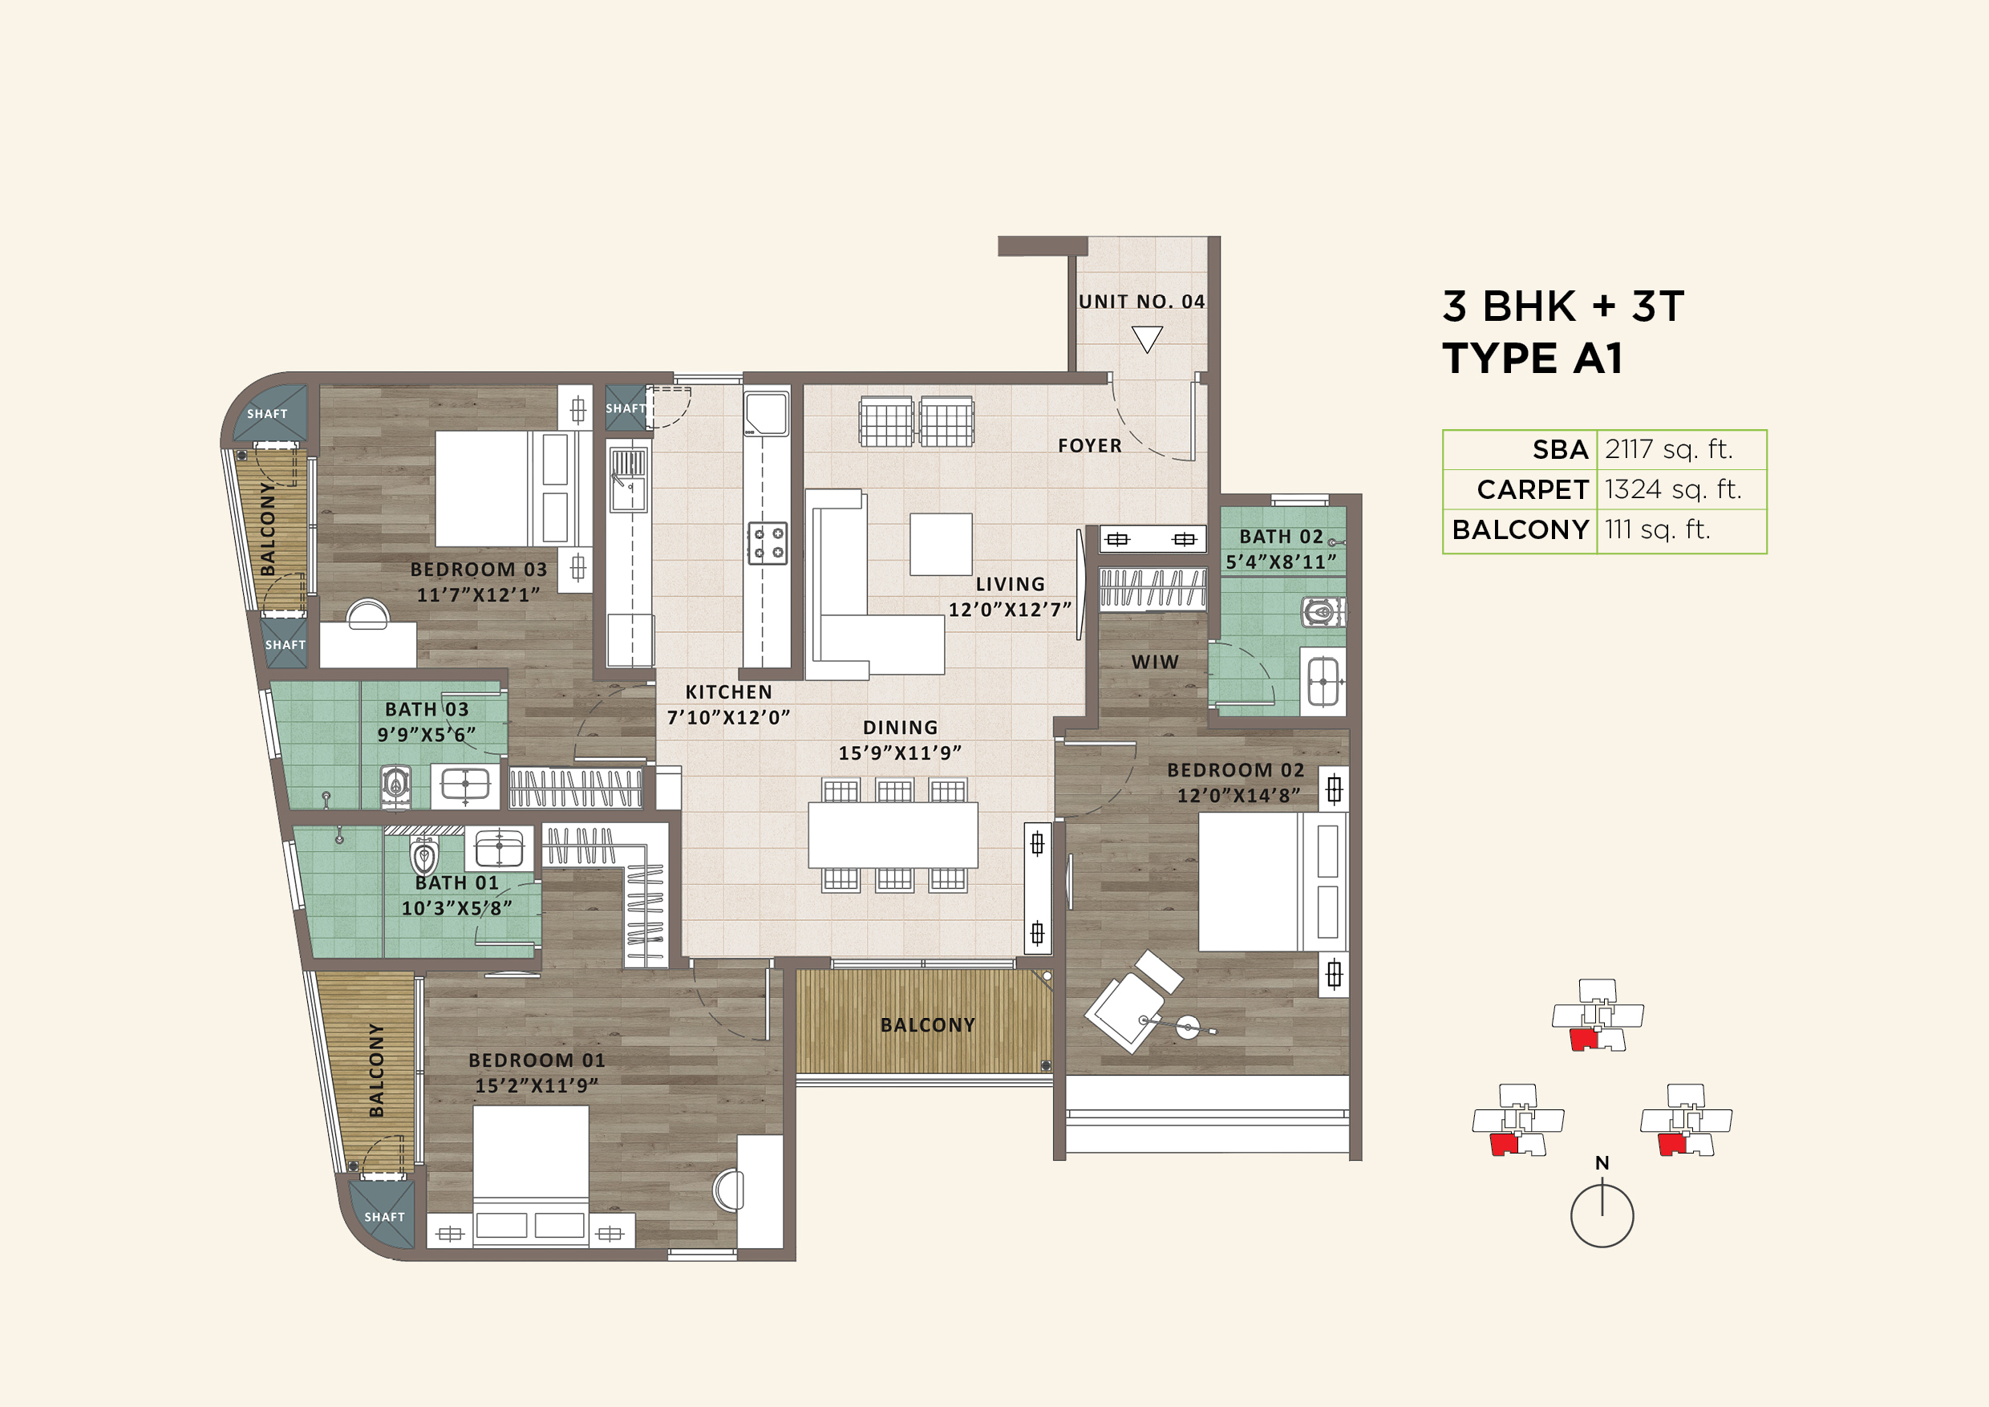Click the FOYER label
pyautogui.click(x=1089, y=445)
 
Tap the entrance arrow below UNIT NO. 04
pyautogui.click(x=1146, y=339)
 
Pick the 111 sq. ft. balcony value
pyautogui.click(x=1656, y=529)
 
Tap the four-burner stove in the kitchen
pyautogui.click(x=767, y=543)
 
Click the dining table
pyautogui.click(x=893, y=834)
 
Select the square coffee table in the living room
pyautogui.click(x=940, y=544)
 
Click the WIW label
pyautogui.click(x=1154, y=662)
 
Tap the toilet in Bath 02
pyautogui.click(x=1321, y=612)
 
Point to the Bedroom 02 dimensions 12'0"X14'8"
pyautogui.click(x=1237, y=795)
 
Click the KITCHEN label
pyautogui.click(x=727, y=692)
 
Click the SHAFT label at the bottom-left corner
pyautogui.click(x=384, y=1216)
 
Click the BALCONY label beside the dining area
pyautogui.click(x=927, y=1025)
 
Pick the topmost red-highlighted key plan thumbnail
pyautogui.click(x=1597, y=1015)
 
